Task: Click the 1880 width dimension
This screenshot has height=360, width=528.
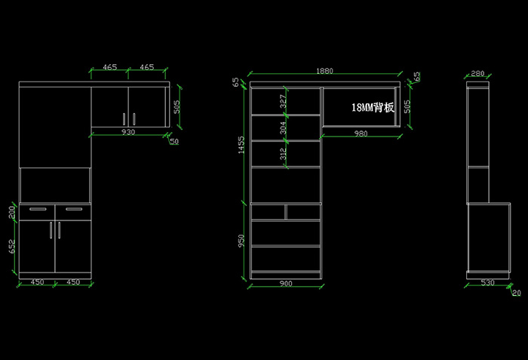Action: coord(324,72)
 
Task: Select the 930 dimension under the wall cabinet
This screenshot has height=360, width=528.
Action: coord(128,132)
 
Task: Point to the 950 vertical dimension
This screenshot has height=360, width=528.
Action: coord(241,241)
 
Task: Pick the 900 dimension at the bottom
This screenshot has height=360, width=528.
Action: coord(286,284)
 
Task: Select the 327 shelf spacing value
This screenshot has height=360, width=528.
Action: coord(284,100)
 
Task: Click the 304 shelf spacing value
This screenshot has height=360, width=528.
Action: coord(284,128)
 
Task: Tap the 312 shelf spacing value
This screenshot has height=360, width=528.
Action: coord(284,153)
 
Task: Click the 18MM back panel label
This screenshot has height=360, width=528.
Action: coord(373,107)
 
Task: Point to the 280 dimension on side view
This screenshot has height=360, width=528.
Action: coord(477,74)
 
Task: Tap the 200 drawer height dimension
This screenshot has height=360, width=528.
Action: coord(12,211)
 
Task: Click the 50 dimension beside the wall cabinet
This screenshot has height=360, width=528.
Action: coord(174,141)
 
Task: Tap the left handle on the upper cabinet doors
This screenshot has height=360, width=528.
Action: coord(123,118)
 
